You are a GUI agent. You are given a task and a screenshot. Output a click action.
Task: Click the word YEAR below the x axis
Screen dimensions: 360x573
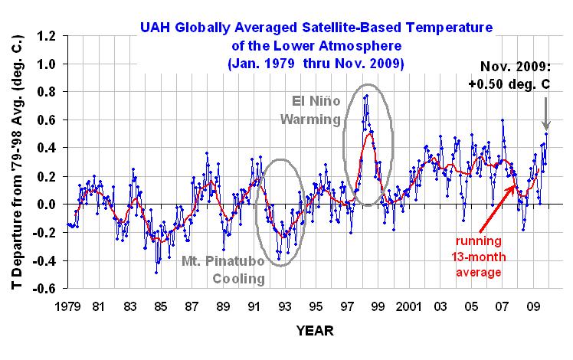pyautogui.click(x=316, y=332)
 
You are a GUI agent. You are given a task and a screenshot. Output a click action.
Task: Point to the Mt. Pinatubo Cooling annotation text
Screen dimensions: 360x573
pyautogui.click(x=224, y=270)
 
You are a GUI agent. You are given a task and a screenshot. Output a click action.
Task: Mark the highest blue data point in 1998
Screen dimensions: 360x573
pyautogui.click(x=367, y=96)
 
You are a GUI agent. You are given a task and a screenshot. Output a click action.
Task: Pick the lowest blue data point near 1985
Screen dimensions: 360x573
pyautogui.click(x=157, y=273)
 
